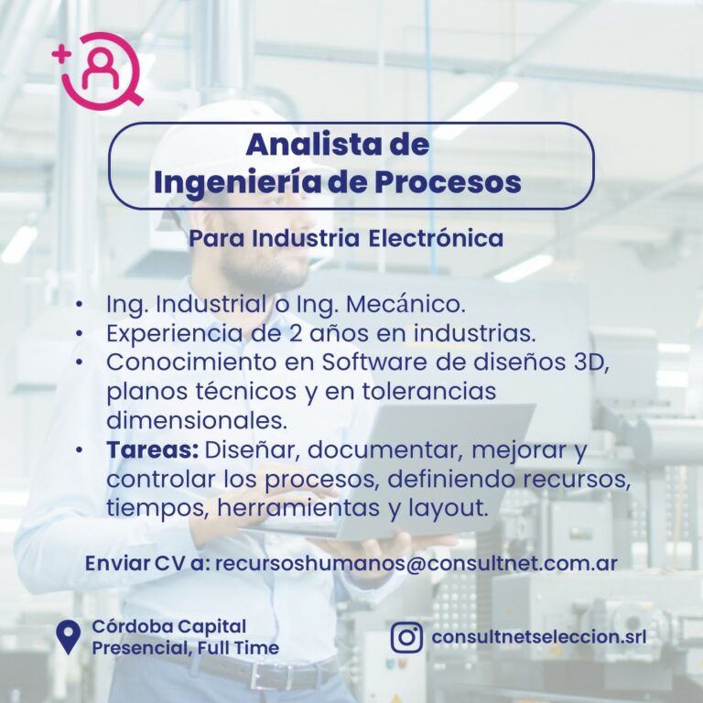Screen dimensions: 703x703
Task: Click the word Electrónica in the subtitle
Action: pyautogui.click(x=436, y=238)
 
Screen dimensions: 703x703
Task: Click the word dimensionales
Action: pyautogui.click(x=197, y=420)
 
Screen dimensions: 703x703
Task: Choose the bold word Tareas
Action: pyautogui.click(x=153, y=449)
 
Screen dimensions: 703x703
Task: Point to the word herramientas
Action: pyautogui.click(x=298, y=508)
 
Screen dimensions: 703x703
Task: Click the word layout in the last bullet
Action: pyautogui.click(x=447, y=509)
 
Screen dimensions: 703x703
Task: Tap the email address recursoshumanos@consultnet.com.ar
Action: pyautogui.click(x=416, y=564)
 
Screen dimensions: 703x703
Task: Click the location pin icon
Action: pyautogui.click(x=68, y=637)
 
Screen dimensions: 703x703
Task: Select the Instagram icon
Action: pyautogui.click(x=406, y=637)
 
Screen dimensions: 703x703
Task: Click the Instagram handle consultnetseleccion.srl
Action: pyautogui.click(x=539, y=637)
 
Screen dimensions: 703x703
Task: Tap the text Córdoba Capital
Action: pyautogui.click(x=169, y=627)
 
